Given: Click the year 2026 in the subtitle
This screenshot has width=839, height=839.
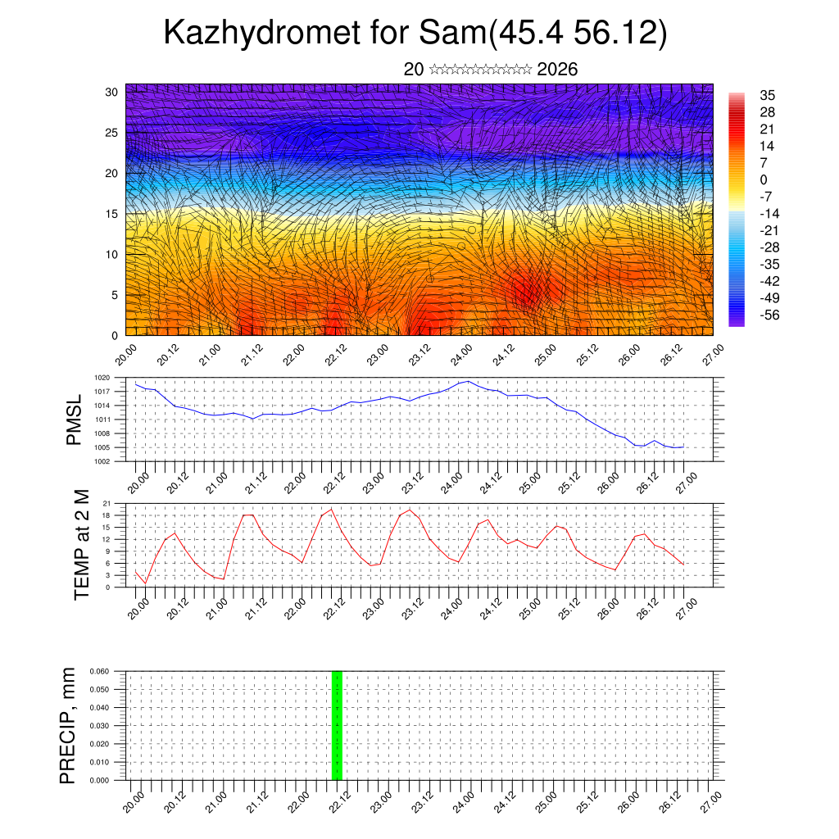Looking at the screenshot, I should [x=557, y=70].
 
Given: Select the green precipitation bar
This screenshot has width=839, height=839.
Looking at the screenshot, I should [x=337, y=725].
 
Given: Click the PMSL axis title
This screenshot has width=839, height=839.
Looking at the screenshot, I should [x=75, y=419].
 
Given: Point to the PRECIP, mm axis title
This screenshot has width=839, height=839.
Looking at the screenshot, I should [x=68, y=725].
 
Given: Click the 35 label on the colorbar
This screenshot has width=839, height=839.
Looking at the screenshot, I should [x=768, y=95].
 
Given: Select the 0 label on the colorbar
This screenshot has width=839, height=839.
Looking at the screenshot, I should [x=764, y=179].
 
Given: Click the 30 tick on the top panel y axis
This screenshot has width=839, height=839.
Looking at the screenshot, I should [x=111, y=92].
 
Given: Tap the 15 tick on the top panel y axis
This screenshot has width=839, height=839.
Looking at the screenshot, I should [x=111, y=214].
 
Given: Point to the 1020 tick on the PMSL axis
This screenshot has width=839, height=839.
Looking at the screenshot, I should [x=102, y=378].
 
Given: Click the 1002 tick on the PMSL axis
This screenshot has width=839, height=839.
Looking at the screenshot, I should [x=102, y=461].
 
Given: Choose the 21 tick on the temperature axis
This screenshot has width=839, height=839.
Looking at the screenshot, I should [x=107, y=503].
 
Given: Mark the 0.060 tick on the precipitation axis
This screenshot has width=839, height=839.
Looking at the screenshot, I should [x=98, y=671].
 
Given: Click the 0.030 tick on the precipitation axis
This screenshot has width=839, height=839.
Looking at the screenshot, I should [x=98, y=726].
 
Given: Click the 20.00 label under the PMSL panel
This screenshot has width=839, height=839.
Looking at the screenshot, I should [x=137, y=478].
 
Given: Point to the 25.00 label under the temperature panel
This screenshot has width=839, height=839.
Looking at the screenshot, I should [x=532, y=605].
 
